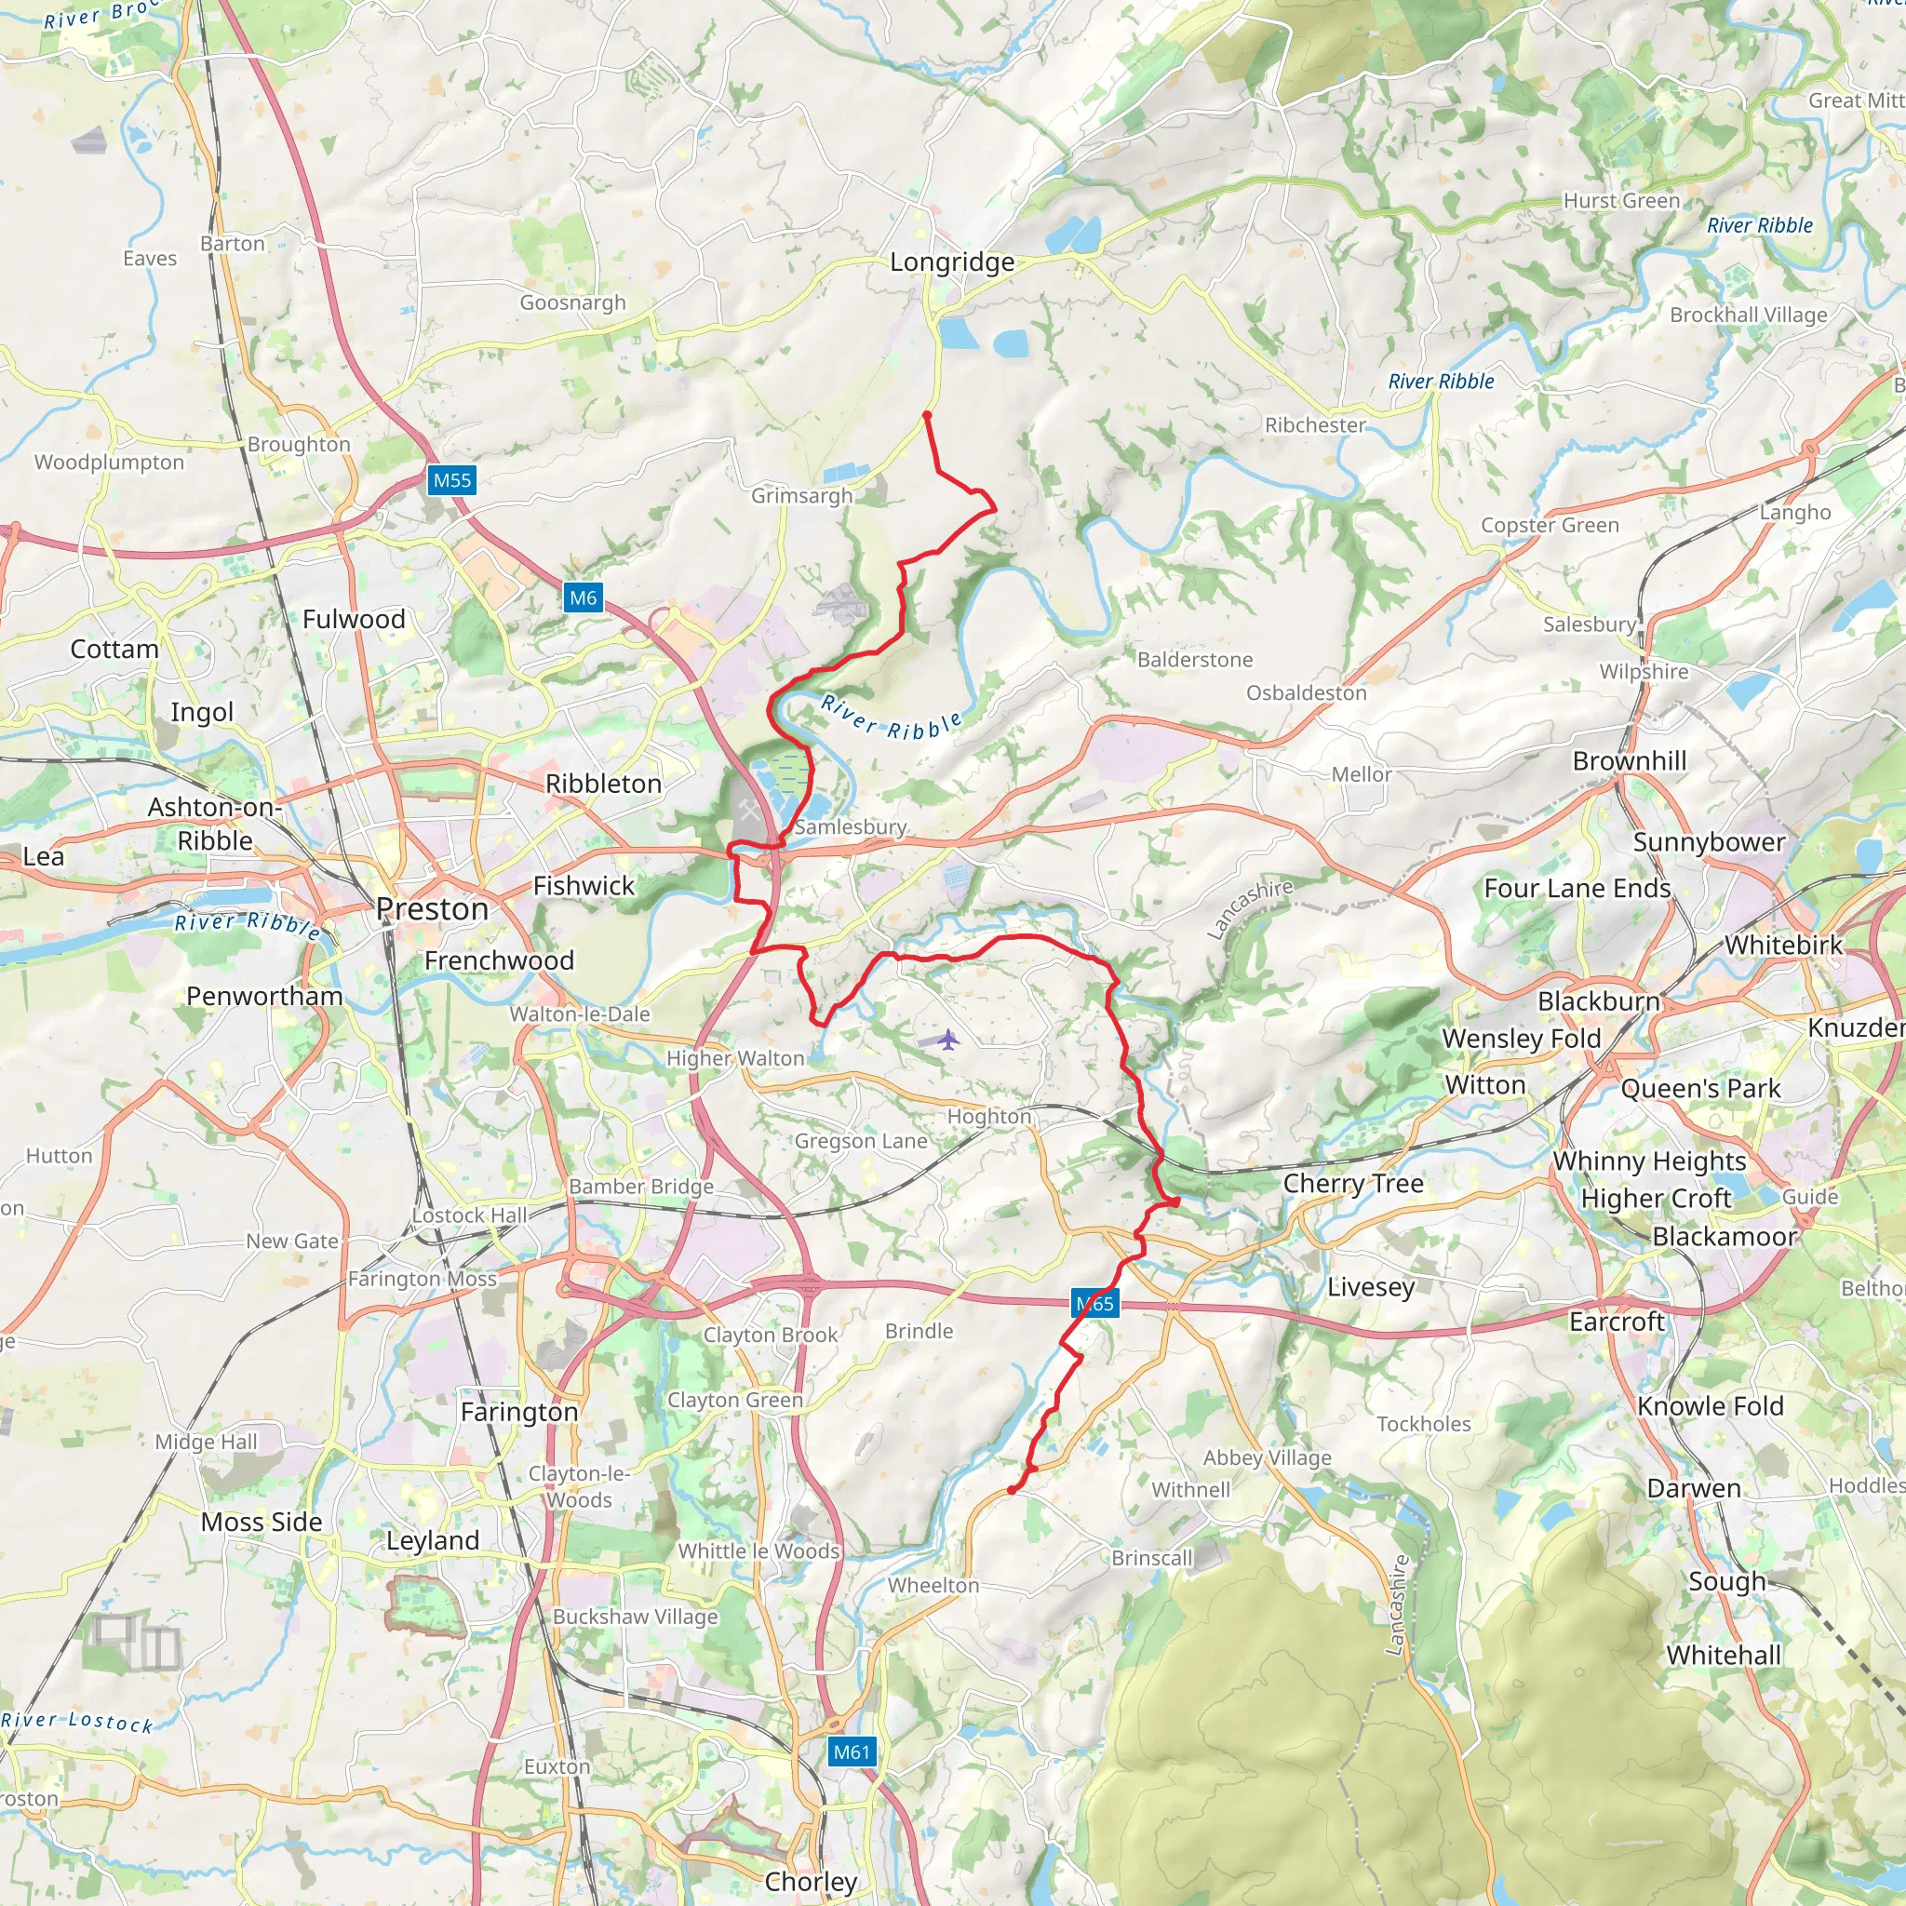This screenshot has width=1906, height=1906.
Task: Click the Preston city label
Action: (x=432, y=908)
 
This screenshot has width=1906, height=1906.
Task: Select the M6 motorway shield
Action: (x=583, y=597)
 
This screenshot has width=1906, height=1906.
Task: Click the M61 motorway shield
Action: (x=852, y=1752)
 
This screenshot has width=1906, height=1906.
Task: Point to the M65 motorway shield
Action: (x=1095, y=1304)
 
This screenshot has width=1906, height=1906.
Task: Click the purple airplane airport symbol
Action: (x=948, y=1040)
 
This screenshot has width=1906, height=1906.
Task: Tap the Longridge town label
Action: (x=952, y=262)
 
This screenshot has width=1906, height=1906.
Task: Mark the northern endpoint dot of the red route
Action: (x=927, y=415)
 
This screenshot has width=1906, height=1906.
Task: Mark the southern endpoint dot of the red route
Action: (x=1013, y=1490)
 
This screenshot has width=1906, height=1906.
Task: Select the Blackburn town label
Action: (x=1598, y=1001)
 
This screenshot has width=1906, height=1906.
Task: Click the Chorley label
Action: (x=811, y=1881)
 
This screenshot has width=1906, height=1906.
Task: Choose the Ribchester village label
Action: (x=1315, y=425)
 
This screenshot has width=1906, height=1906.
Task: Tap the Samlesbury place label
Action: (x=851, y=826)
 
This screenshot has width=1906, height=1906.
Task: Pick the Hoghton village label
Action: (x=988, y=1116)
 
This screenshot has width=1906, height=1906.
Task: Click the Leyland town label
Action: (x=432, y=1540)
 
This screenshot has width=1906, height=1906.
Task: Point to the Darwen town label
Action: (x=1693, y=1488)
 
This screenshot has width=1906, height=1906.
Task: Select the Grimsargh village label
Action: (x=801, y=495)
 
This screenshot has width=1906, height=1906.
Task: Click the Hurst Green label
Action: (x=1621, y=200)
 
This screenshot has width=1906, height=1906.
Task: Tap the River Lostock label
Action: (x=77, y=1722)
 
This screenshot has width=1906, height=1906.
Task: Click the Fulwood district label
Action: (x=353, y=620)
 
